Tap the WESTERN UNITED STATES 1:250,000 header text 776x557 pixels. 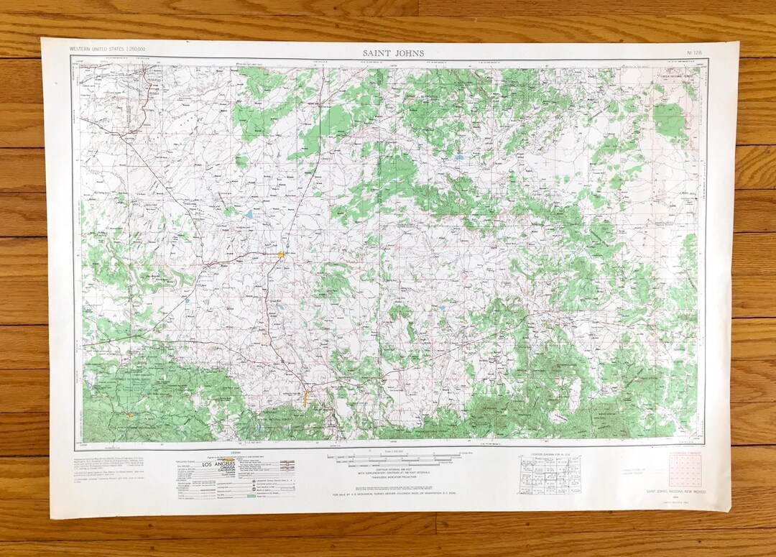coord(107,48)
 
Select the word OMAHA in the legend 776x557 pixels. coord(213,470)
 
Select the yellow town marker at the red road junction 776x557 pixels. coord(282,254)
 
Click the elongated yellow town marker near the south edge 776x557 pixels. coord(306,396)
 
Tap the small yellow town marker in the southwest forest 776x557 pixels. coord(129,415)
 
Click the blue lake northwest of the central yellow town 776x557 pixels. coord(249,213)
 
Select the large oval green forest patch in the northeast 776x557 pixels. coord(670,120)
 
